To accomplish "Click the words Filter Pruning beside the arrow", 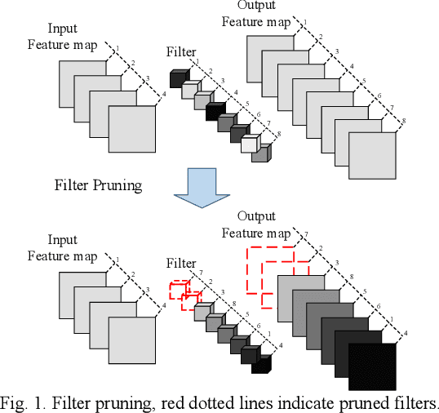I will (98, 184).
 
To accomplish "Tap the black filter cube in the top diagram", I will (215, 111).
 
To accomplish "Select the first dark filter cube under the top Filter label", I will (179, 78).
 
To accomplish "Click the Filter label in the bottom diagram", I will (181, 264).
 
